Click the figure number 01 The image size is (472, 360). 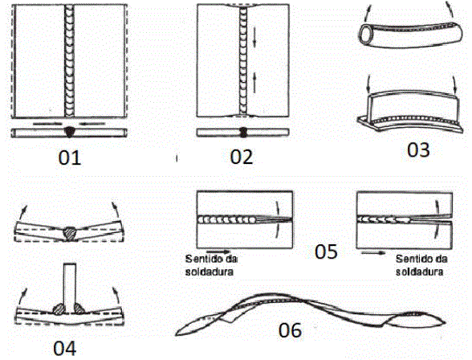[x=70, y=157]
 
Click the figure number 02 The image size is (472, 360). [x=242, y=157]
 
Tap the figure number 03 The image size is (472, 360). [x=418, y=149]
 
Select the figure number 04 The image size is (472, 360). [x=65, y=348]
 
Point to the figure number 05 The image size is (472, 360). [x=326, y=252]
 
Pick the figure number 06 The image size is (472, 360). [x=290, y=330]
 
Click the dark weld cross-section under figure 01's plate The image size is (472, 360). [x=70, y=132]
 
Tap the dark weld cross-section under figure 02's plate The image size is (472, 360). [x=243, y=133]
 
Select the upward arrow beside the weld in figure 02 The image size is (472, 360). [x=254, y=83]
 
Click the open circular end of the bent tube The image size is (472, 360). [x=367, y=32]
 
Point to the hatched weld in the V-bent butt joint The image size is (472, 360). [x=70, y=234]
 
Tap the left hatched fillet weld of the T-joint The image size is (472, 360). [x=59, y=309]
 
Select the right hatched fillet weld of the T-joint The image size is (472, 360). [x=79, y=309]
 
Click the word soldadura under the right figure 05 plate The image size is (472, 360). [x=419, y=272]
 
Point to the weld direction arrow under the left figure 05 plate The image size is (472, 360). [x=218, y=252]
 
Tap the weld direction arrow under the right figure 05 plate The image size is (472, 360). [x=373, y=253]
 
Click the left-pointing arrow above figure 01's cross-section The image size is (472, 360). [x=92, y=124]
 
